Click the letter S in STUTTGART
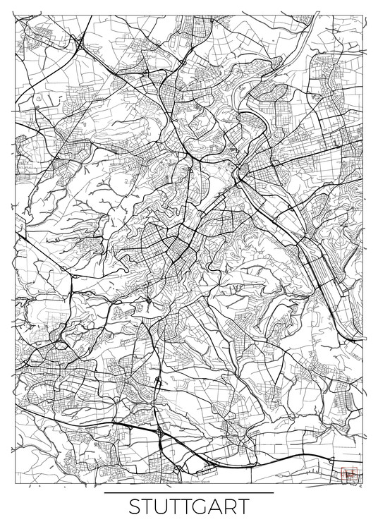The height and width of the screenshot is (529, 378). point(136,508)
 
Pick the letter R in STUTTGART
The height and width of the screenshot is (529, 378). point(238,508)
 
